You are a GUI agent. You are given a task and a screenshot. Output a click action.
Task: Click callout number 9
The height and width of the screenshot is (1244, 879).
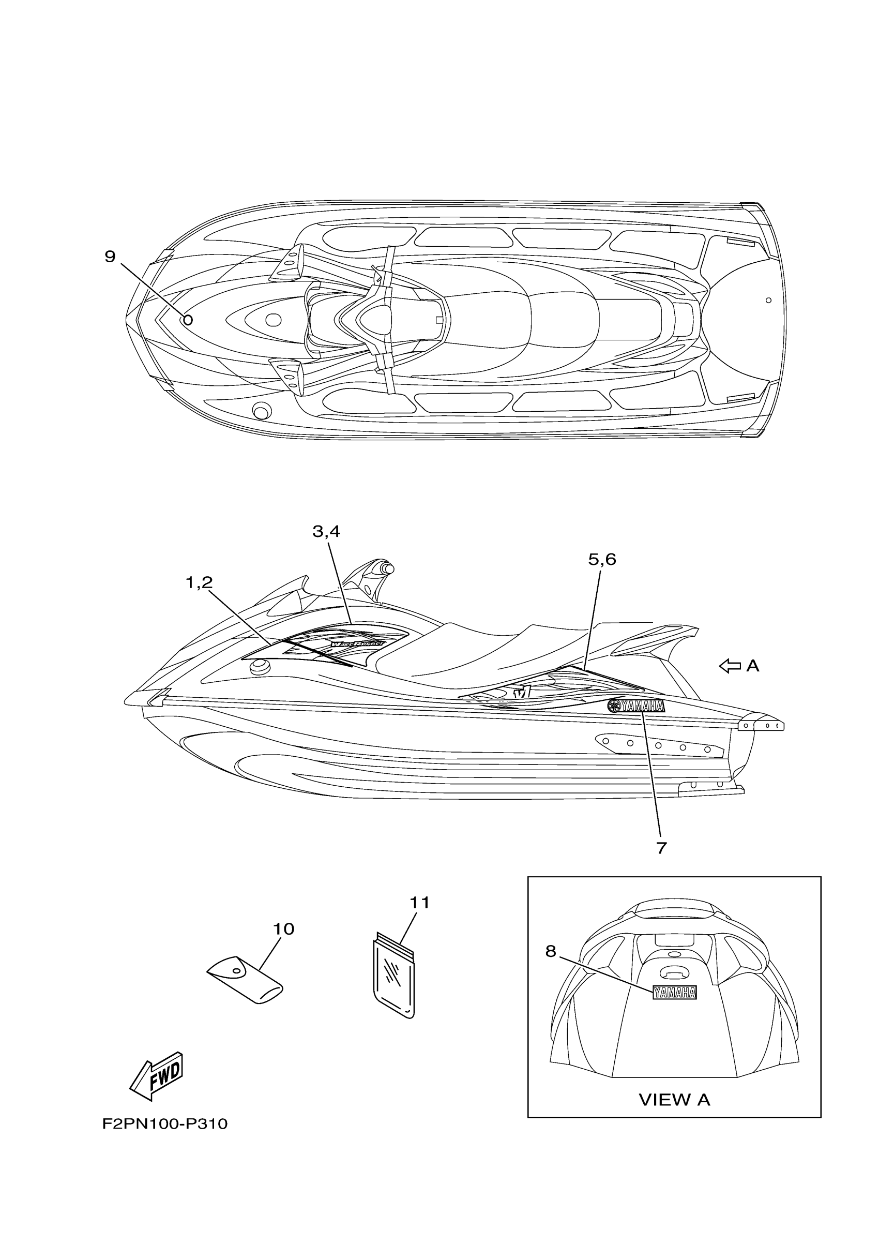pyautogui.click(x=110, y=257)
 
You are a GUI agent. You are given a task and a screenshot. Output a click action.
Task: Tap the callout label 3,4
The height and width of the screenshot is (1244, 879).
pyautogui.click(x=326, y=532)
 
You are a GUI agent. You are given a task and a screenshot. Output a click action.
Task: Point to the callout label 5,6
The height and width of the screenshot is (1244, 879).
pyautogui.click(x=602, y=559)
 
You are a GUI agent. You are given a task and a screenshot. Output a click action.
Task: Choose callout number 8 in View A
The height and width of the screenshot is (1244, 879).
pyautogui.click(x=551, y=950)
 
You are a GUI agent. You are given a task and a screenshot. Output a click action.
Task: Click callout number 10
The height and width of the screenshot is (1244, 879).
pyautogui.click(x=283, y=928)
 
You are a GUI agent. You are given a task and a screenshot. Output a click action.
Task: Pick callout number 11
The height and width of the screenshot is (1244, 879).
pyautogui.click(x=419, y=903)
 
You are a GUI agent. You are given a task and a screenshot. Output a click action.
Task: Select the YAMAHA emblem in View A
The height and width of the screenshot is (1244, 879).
pyautogui.click(x=674, y=992)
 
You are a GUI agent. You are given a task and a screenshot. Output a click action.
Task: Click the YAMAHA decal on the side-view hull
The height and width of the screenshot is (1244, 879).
pyautogui.click(x=636, y=706)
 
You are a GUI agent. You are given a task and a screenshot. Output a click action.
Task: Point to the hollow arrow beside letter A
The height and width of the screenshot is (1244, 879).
pyautogui.click(x=730, y=666)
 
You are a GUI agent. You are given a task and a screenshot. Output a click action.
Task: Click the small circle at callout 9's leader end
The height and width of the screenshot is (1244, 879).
pyautogui.click(x=188, y=320)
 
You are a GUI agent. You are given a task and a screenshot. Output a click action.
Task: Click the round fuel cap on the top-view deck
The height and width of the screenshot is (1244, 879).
pyautogui.click(x=261, y=412)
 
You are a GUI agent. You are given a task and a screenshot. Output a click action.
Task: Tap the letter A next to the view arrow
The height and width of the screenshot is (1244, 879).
pyautogui.click(x=752, y=666)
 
